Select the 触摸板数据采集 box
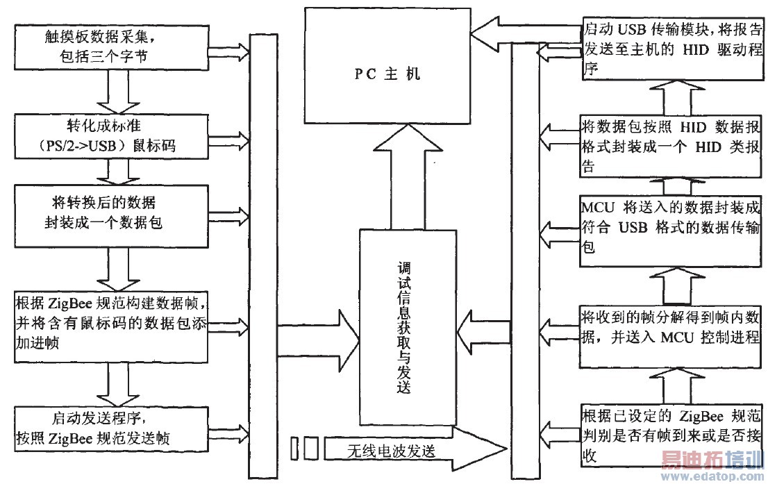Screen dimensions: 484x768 111,47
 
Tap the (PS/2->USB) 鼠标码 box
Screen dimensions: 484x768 111,136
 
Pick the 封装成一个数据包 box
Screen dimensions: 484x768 111,214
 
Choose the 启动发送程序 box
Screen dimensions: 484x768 111,428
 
